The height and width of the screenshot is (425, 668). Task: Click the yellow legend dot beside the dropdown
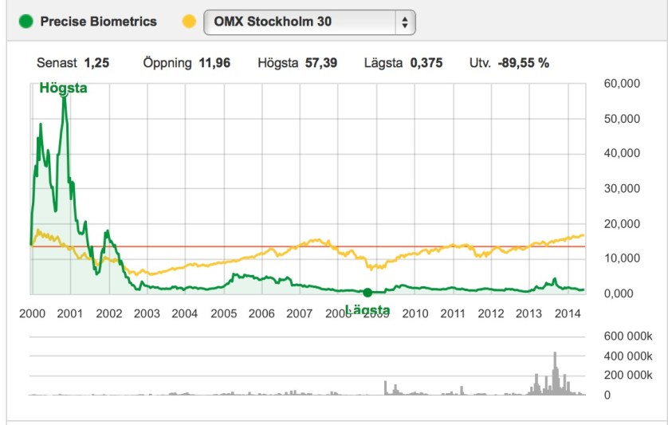[189, 21]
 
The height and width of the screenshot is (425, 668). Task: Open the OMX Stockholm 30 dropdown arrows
[405, 22]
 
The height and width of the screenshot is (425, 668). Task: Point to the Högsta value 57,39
[321, 63]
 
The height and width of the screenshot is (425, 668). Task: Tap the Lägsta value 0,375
[426, 63]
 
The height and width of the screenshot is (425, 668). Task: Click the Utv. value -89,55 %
[524, 63]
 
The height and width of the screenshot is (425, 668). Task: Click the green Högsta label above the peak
[63, 89]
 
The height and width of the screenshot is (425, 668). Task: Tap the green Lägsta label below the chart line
[367, 309]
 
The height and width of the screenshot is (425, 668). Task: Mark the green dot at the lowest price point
[367, 293]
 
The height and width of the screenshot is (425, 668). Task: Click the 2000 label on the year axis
[32, 313]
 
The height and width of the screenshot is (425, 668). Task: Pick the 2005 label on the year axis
[224, 313]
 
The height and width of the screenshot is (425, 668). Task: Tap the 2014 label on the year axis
[568, 313]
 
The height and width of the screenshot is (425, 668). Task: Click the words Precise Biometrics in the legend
[99, 21]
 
